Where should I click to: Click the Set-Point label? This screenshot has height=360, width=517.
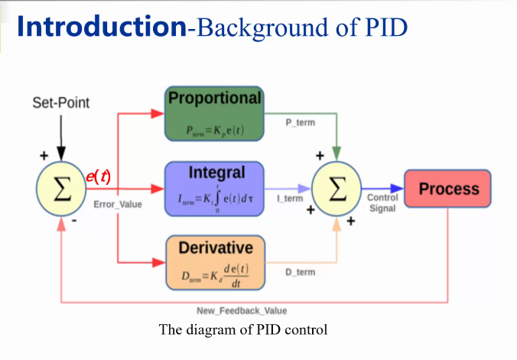tap(60, 102)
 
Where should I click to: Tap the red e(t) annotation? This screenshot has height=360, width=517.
tap(98, 177)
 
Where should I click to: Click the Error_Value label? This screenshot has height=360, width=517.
tap(117, 204)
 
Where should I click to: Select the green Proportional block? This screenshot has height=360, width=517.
tap(215, 114)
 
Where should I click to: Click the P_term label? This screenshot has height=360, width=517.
tap(300, 122)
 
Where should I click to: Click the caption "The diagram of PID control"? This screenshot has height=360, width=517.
tap(242, 330)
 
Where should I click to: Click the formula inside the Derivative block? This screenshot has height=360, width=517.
tap(215, 272)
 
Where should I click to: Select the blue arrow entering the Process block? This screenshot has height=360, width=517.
tap(382, 189)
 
